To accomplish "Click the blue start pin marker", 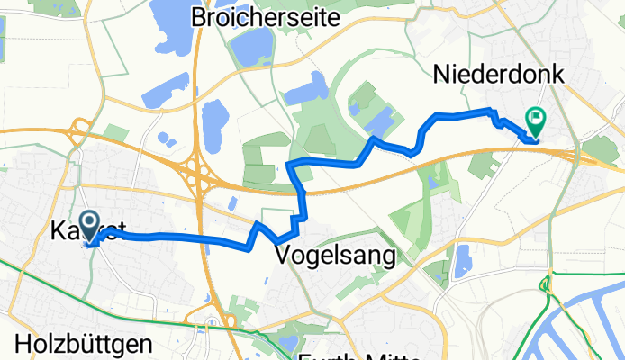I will click(x=90, y=225).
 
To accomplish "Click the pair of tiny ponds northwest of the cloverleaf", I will click(x=166, y=139).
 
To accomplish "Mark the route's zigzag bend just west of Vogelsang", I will click(x=256, y=229).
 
